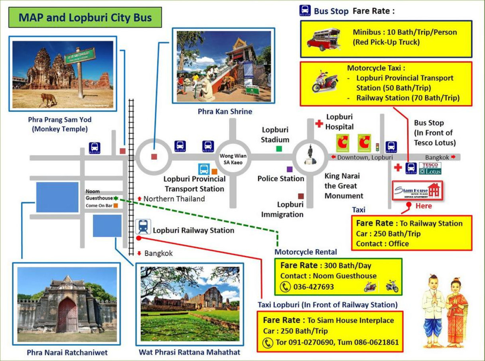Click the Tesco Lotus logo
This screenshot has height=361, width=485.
pyautogui.click(x=430, y=168)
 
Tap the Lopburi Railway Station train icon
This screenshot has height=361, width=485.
pyautogui.click(x=143, y=226)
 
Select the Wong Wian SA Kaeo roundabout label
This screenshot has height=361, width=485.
pyautogui.click(x=233, y=159)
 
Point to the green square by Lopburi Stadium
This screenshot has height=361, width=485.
pyautogui.click(x=279, y=149)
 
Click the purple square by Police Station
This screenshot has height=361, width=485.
pyautogui.click(x=290, y=169)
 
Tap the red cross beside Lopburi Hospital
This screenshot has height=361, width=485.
pyautogui.click(x=319, y=123)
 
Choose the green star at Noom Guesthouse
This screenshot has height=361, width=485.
pyautogui.click(x=116, y=198)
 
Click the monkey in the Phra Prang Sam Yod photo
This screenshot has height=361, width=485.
pyautogui.click(x=49, y=100)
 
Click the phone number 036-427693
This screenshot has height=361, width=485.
pyautogui.click(x=313, y=287)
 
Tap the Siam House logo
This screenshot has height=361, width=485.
pyautogui.click(x=418, y=190)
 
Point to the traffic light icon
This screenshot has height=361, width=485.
pyautogui.click(x=377, y=147)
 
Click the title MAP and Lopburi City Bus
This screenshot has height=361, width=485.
pyautogui.click(x=85, y=18)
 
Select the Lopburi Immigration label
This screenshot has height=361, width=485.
pyautogui.click(x=282, y=209)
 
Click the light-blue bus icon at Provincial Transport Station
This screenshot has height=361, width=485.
pyautogui.click(x=204, y=169)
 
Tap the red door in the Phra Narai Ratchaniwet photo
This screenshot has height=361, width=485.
pyautogui.click(x=67, y=315)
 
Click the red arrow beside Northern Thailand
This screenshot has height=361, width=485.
pyautogui.click(x=139, y=198)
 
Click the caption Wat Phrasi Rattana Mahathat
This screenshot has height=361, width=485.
pyautogui.click(x=189, y=352)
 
